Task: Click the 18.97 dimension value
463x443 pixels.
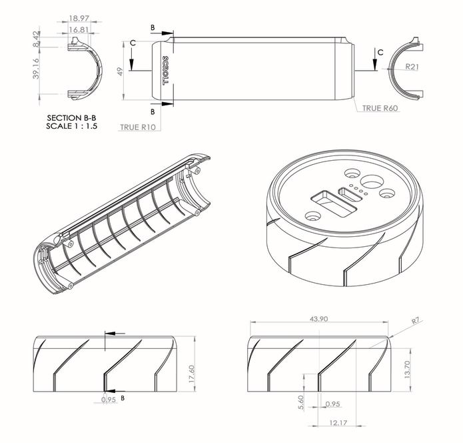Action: tap(79, 19)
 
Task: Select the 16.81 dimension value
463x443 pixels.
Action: tap(79, 29)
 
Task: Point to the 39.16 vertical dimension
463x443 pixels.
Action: tap(36, 68)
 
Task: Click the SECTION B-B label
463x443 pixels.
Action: tap(71, 117)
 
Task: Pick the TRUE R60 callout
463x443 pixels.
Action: tap(380, 108)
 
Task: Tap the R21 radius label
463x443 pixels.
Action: tap(412, 67)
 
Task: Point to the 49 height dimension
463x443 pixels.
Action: tap(121, 71)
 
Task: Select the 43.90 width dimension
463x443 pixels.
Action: tap(318, 319)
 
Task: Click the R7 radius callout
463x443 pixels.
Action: tap(415, 321)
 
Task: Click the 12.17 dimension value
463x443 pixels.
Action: tap(338, 422)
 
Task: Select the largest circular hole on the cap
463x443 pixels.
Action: tap(372, 182)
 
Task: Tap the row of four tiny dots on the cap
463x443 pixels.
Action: tap(358, 191)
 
